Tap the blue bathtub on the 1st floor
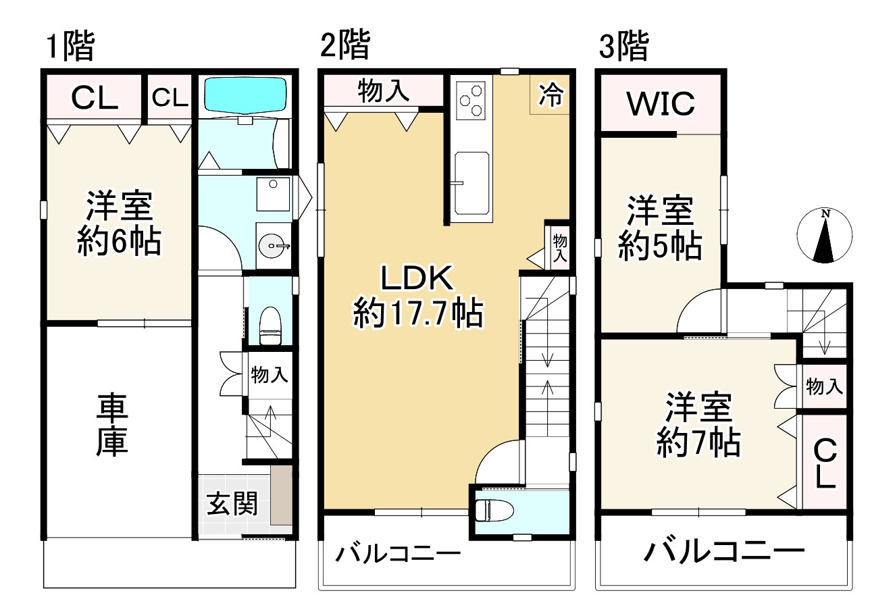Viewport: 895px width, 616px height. (x=245, y=95)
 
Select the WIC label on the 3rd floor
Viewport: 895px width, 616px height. (x=660, y=103)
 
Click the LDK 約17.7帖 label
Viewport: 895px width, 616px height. (x=417, y=296)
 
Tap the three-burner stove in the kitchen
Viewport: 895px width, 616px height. (x=471, y=99)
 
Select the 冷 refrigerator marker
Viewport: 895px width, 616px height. (x=551, y=95)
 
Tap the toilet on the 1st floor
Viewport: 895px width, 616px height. (x=270, y=324)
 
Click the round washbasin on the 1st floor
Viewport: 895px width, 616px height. (x=273, y=246)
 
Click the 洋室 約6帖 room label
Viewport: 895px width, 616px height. (x=119, y=223)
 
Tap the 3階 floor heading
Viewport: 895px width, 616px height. (x=624, y=47)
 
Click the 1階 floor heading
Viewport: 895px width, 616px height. (x=70, y=47)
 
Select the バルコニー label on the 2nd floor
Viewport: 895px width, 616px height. (x=399, y=555)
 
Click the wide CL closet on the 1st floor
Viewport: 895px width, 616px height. (x=95, y=99)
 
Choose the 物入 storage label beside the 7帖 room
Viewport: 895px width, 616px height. (x=824, y=387)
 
